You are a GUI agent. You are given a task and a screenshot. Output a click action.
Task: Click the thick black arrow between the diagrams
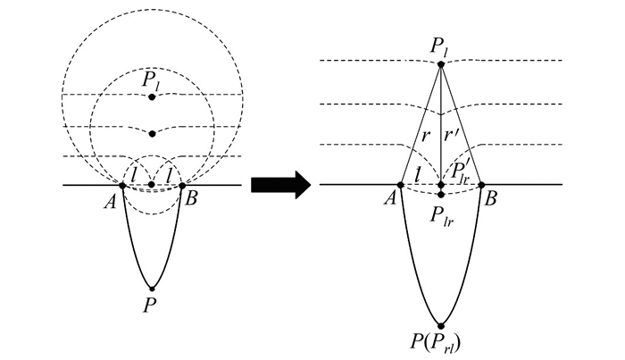(x=279, y=185)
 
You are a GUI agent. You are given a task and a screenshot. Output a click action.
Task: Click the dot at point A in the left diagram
(x=122, y=185)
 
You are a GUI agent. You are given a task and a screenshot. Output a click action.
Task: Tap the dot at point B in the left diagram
(x=182, y=185)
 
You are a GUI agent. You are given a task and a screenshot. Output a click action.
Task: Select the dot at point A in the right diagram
(x=401, y=185)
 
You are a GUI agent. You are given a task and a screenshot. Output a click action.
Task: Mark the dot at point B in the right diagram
(x=481, y=185)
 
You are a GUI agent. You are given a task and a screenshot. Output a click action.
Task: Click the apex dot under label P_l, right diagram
(x=441, y=64)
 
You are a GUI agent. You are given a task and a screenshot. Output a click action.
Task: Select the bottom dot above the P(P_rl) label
(x=441, y=324)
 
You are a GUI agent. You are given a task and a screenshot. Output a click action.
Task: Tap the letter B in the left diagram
(x=190, y=199)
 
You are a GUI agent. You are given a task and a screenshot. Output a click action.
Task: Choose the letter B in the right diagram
(x=490, y=200)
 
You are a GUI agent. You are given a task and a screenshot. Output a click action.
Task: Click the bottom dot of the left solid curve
(x=153, y=288)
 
